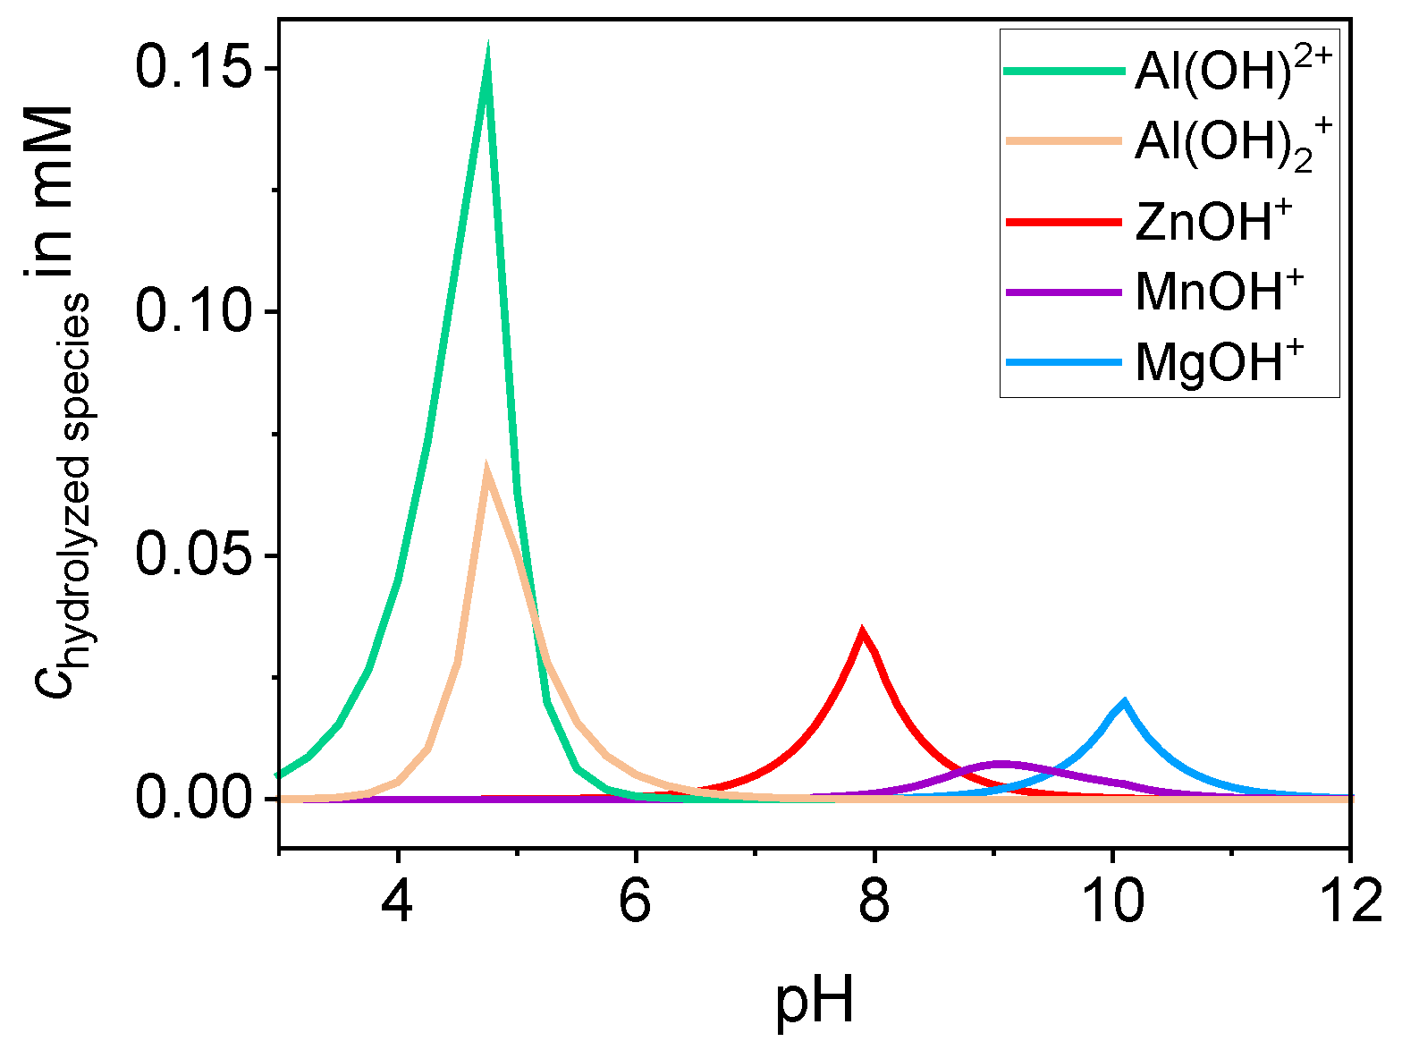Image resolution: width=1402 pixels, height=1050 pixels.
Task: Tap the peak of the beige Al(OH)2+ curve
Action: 486,467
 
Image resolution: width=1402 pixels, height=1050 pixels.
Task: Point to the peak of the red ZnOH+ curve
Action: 862,631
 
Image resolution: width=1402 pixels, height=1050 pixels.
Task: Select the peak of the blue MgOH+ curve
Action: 1124,702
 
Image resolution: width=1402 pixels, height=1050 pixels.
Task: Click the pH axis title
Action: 814,1002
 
